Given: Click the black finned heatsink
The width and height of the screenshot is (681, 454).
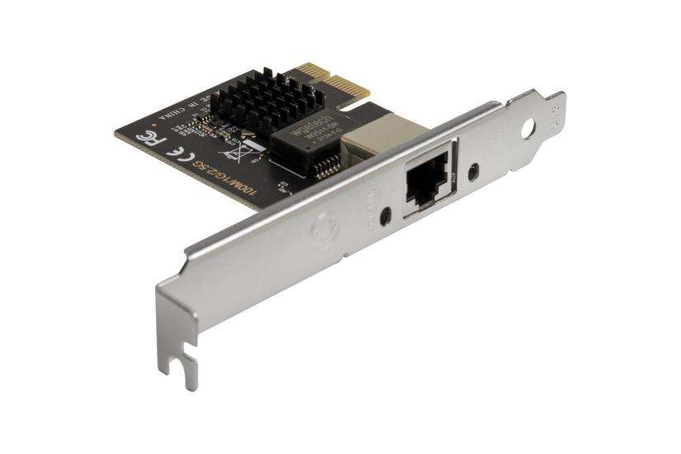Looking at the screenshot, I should [x=263, y=100].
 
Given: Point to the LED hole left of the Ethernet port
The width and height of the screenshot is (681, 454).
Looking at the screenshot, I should [x=385, y=216].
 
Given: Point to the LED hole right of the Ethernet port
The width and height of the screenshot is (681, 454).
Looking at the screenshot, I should [x=473, y=173].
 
